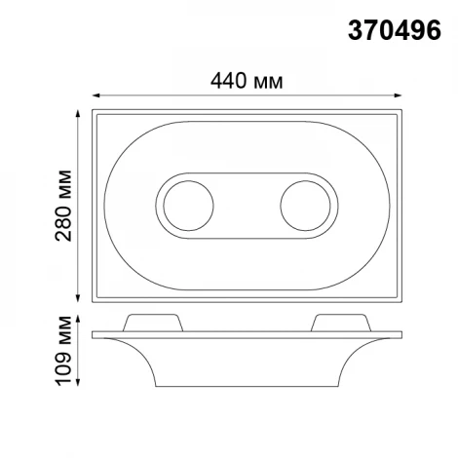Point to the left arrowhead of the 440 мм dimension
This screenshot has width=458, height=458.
(96, 95)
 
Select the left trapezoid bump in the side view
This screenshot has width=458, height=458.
(152, 323)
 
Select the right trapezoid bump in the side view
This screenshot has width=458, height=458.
(341, 323)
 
